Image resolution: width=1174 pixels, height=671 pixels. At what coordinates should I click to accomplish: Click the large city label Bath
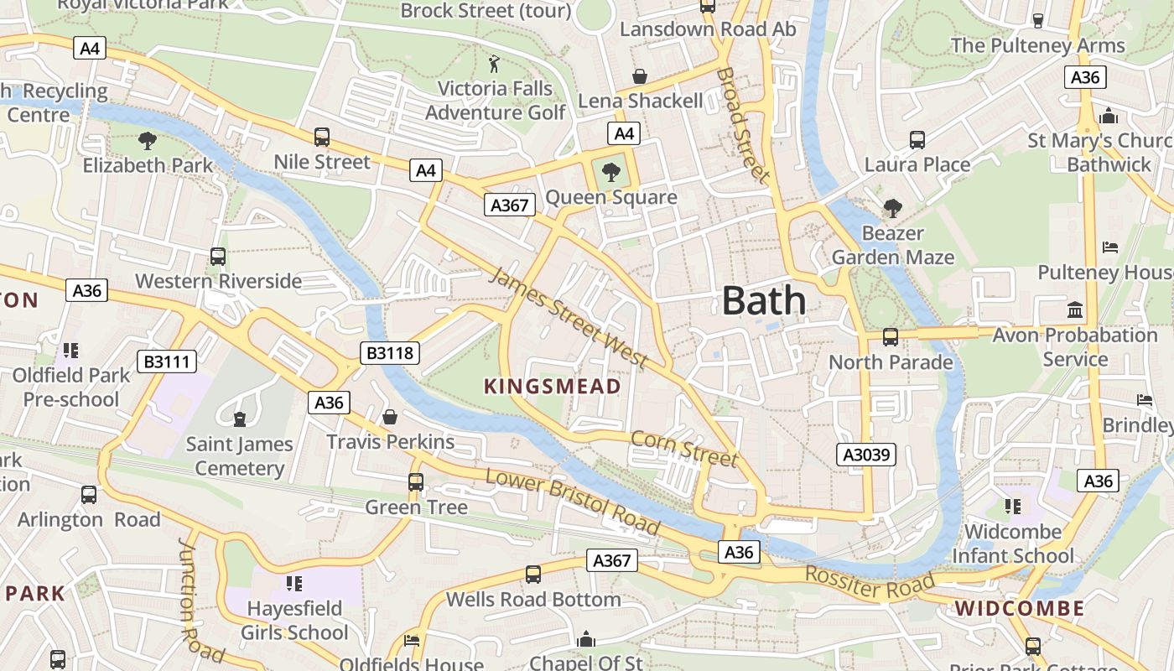tap(763, 300)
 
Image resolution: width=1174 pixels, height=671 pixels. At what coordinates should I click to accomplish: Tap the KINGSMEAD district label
tap(553, 387)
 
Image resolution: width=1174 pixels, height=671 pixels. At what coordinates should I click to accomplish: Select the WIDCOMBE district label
tap(1019, 608)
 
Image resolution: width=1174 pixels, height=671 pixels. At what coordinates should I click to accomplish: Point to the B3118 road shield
tap(390, 353)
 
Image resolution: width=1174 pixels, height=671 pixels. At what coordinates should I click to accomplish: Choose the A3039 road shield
tap(867, 455)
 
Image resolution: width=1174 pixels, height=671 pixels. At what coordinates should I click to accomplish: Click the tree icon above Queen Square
tap(611, 173)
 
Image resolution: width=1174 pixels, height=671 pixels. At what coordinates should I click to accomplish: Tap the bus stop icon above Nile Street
tap(321, 137)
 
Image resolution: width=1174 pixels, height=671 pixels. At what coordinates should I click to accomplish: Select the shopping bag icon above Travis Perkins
tap(390, 417)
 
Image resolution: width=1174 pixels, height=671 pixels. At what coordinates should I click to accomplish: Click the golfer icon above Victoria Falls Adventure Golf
tap(494, 64)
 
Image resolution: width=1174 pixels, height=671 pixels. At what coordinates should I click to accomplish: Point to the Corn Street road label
tap(683, 448)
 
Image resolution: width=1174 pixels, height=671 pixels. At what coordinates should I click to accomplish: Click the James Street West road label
tap(569, 318)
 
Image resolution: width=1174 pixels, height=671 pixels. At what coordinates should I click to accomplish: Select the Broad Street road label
tap(741, 124)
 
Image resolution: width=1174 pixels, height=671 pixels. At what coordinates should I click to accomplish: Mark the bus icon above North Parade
tap(891, 337)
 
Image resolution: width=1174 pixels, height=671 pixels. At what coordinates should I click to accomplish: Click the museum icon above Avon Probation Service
tap(1075, 310)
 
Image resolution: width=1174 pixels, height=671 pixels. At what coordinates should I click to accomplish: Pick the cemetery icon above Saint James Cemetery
tap(240, 419)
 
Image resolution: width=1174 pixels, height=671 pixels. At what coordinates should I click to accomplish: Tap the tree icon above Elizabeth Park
tap(148, 140)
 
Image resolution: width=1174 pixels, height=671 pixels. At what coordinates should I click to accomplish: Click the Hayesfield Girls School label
tap(293, 620)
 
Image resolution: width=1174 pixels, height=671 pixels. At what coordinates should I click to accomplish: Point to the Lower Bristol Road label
tap(572, 501)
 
